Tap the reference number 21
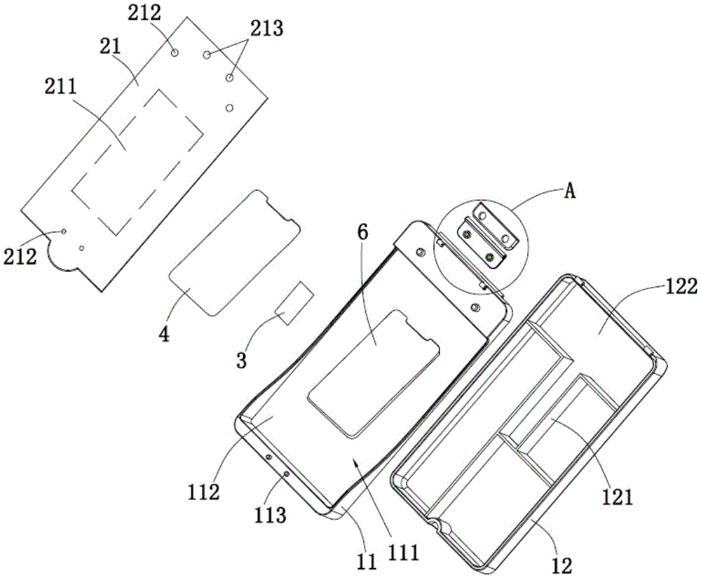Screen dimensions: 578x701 (x=111, y=47)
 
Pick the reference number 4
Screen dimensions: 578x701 (x=165, y=335)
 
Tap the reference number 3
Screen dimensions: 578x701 (x=241, y=362)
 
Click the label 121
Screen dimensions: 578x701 (x=618, y=497)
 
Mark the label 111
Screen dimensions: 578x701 (x=404, y=554)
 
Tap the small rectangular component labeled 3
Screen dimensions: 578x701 (x=294, y=304)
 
